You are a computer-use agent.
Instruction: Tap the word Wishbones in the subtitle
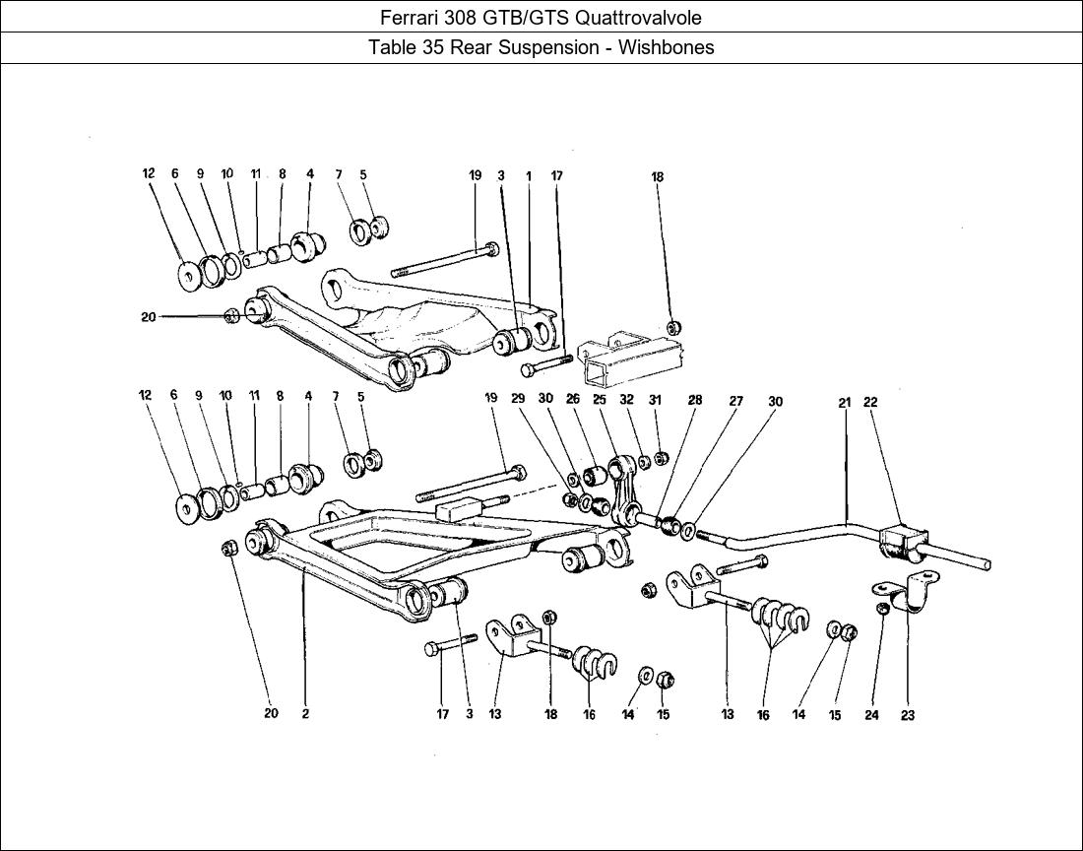[x=667, y=47]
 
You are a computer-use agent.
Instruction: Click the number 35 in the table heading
[x=431, y=47]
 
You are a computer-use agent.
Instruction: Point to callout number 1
[x=529, y=176]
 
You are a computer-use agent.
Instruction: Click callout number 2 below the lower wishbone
[x=305, y=713]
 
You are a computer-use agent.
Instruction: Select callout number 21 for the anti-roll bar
[x=844, y=402]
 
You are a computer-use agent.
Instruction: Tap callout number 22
[x=870, y=402]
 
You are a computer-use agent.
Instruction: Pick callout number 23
[x=907, y=716]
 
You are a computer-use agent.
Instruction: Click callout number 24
[x=871, y=716]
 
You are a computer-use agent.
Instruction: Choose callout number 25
[x=599, y=399]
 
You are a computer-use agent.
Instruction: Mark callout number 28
[x=695, y=400]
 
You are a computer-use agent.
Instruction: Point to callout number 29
[x=518, y=399]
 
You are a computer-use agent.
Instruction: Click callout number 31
[x=656, y=399]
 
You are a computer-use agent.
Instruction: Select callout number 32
[x=626, y=399]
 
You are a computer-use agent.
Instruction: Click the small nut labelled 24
[x=883, y=609]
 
